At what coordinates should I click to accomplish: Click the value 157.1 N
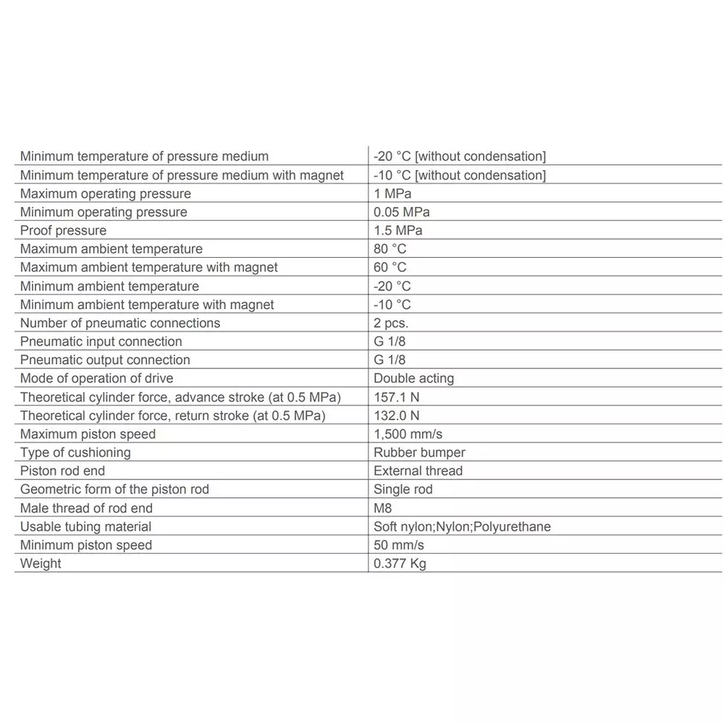397,397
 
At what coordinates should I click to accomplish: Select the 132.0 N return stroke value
397,416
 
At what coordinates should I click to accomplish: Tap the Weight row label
41,563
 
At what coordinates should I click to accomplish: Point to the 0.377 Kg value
400,563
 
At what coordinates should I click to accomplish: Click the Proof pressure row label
63,230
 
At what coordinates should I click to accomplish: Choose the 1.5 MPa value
397,230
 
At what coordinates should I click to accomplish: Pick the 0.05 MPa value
401,212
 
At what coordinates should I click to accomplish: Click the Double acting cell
413,378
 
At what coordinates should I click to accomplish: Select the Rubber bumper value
419,452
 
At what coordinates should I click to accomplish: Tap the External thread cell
418,471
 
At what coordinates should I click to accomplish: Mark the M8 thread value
382,508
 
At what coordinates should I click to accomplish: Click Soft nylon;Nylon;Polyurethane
462,526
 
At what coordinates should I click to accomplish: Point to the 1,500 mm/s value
408,434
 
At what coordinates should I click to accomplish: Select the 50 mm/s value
399,545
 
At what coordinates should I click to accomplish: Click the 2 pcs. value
391,323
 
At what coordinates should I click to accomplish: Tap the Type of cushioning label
75,452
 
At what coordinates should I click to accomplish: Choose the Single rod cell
403,489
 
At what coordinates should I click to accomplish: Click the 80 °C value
390,249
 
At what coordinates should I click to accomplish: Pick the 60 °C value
390,267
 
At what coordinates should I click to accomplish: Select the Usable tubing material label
85,526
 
